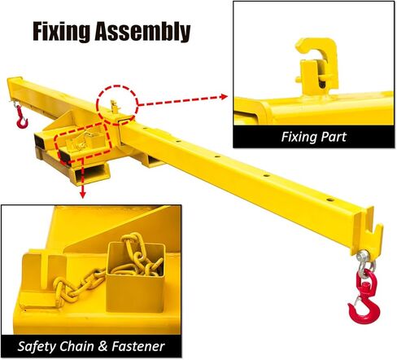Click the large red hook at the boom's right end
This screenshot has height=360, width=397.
pyautogui.click(x=363, y=296)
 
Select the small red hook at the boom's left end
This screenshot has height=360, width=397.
pyautogui.click(x=20, y=120)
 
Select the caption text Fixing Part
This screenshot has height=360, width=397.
pyautogui.click(x=314, y=137)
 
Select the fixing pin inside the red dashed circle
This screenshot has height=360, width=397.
pyautogui.click(x=115, y=105)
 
